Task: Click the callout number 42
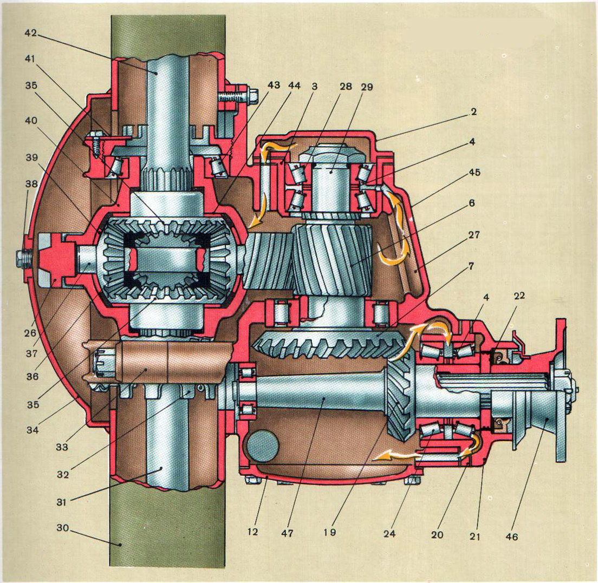(x=31, y=32)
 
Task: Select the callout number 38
(x=31, y=184)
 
